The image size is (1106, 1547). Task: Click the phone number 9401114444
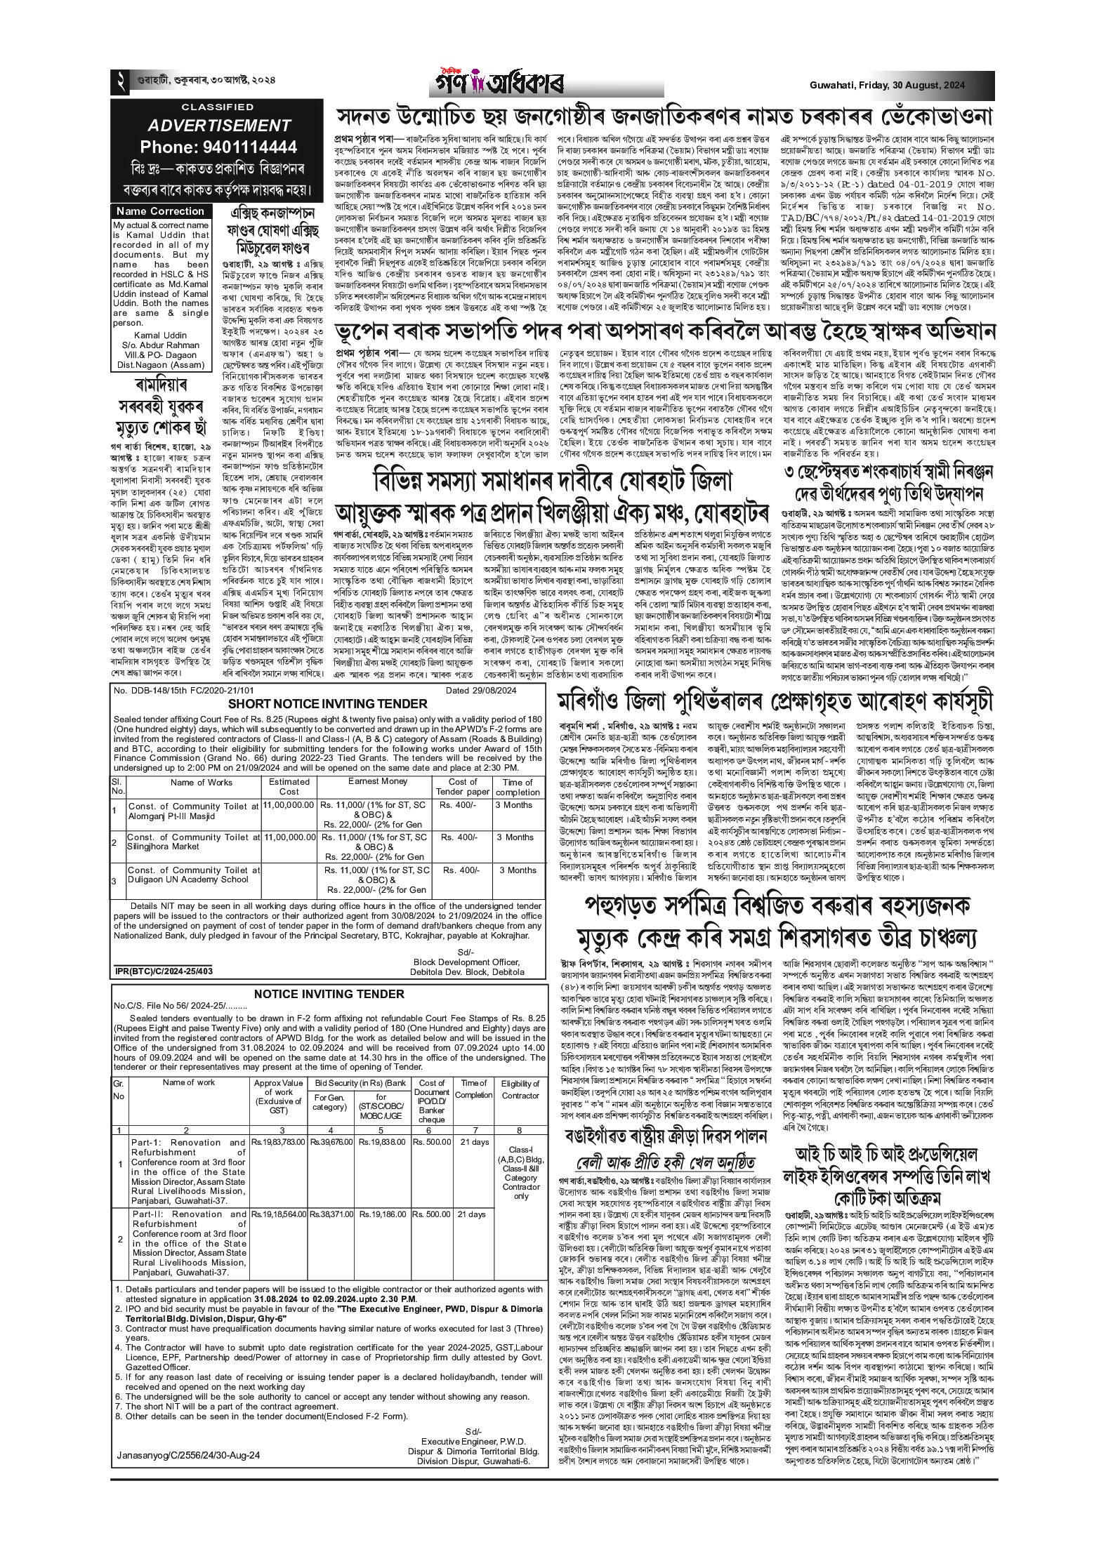[218, 147]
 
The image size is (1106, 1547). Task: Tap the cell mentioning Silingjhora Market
[194, 842]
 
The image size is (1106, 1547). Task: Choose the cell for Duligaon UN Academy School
[194, 875]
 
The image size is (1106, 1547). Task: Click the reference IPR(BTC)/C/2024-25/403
[164, 971]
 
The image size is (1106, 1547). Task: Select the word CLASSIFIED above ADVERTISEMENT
[218, 107]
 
